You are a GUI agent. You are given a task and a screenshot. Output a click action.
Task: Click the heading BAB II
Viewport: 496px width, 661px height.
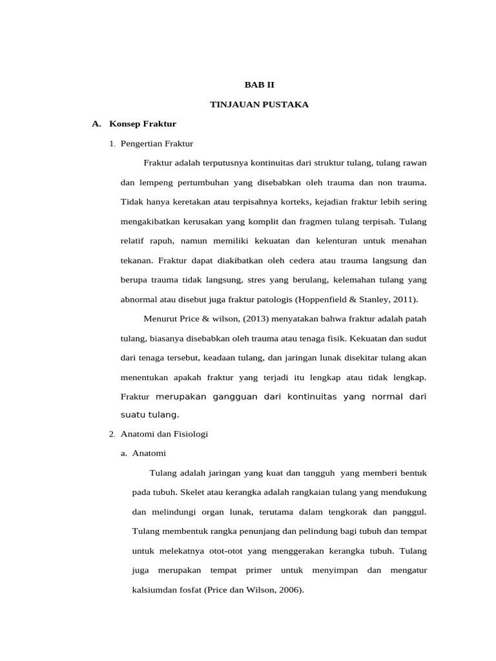(259, 84)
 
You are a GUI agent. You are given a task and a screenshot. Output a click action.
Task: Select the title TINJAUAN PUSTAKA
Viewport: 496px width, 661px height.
(259, 104)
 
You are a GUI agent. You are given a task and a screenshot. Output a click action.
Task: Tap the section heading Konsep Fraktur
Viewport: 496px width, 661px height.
(143, 123)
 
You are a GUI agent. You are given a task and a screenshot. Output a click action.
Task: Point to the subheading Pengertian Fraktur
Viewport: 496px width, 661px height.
(157, 143)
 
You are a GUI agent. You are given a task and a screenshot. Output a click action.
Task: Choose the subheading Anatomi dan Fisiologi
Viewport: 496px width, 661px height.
(164, 434)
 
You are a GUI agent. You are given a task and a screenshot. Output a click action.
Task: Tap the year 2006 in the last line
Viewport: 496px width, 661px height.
(289, 591)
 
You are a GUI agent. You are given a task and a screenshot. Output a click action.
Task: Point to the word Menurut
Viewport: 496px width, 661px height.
(158, 319)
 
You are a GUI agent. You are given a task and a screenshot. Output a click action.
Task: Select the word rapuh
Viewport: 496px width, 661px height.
(161, 241)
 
